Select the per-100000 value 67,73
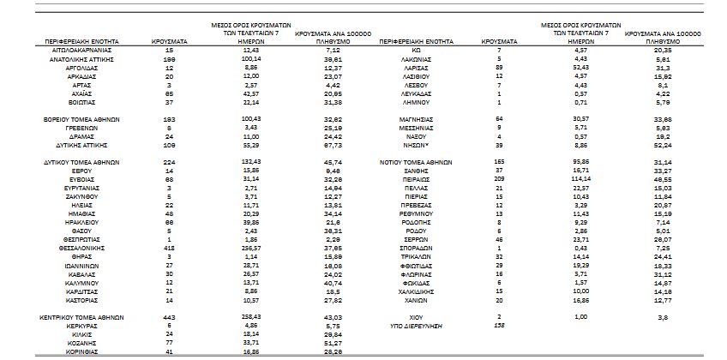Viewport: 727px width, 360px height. (x=334, y=145)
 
